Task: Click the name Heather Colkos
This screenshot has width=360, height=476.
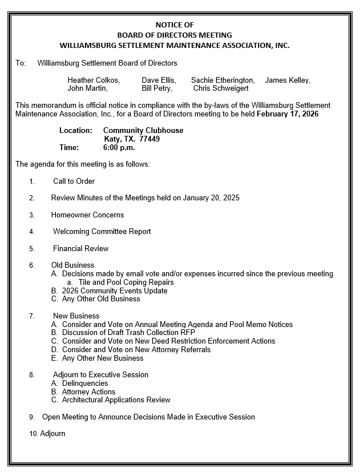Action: pos(93,80)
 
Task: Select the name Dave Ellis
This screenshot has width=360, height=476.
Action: pos(158,80)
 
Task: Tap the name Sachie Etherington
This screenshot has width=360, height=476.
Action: pos(223,80)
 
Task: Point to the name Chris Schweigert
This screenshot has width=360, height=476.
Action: pos(221,88)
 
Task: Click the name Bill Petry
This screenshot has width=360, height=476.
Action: pos(156,88)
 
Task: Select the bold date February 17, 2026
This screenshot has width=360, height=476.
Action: pos(288,114)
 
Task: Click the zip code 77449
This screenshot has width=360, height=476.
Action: pos(149,139)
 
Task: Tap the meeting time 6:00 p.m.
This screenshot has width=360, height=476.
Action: pos(119,147)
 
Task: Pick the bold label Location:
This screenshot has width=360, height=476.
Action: pos(76,130)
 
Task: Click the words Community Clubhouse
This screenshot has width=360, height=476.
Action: pos(143,130)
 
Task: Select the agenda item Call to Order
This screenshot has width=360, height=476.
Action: pos(74,181)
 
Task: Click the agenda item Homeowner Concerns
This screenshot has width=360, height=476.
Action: pos(87,215)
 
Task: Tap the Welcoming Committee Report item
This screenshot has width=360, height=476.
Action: pos(102,232)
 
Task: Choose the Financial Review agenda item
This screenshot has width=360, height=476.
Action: pos(80,249)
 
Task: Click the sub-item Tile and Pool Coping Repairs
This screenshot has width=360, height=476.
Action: pos(126,282)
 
